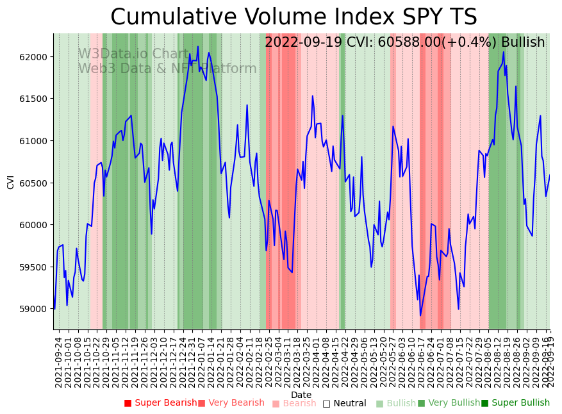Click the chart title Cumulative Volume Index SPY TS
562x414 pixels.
[x=293, y=17]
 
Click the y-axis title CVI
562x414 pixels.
[x=10, y=181]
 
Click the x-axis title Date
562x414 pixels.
[x=301, y=395]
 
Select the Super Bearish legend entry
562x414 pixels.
[x=160, y=403]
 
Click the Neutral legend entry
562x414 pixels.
[x=344, y=404]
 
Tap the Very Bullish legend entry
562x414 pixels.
[x=449, y=403]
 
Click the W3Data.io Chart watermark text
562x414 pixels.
[x=133, y=54]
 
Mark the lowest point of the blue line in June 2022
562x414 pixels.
[x=420, y=315]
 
